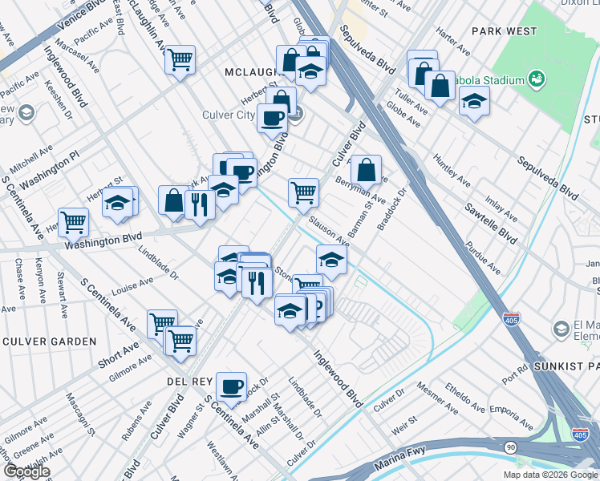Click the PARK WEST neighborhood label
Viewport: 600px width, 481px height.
click(x=504, y=31)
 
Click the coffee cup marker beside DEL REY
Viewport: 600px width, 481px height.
click(x=232, y=387)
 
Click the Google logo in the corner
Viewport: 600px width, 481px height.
click(x=26, y=471)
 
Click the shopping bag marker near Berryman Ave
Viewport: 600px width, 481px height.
click(x=366, y=169)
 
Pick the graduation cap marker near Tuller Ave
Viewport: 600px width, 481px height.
click(x=474, y=102)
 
